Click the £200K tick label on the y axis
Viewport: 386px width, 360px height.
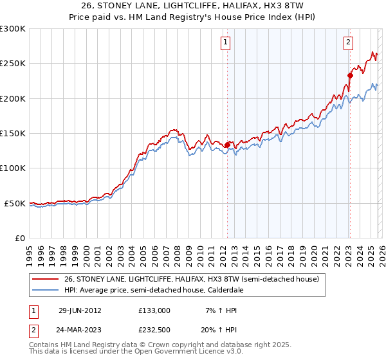tap(13, 98)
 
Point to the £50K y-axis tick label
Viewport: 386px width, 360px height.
tap(15, 203)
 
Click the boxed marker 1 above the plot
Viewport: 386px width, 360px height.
tap(226, 43)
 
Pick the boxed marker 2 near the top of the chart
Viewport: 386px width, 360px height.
tap(348, 43)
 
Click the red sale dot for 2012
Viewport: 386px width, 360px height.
tap(227, 145)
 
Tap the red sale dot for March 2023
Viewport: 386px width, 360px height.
tap(350, 75)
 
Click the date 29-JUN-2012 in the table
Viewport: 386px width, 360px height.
tap(80, 310)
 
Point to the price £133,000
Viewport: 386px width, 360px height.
tap(154, 310)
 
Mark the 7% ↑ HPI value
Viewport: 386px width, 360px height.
tap(220, 310)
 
